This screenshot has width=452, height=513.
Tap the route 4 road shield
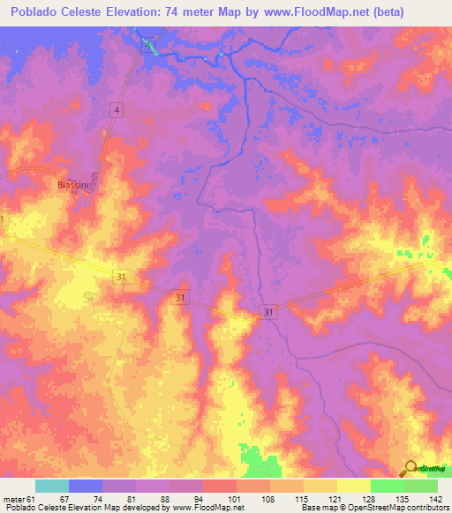tap(116, 109)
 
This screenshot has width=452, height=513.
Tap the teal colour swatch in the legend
tap(52, 485)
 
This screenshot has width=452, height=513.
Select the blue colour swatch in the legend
tap(86, 485)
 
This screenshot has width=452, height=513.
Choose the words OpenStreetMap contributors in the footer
tap(405, 508)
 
